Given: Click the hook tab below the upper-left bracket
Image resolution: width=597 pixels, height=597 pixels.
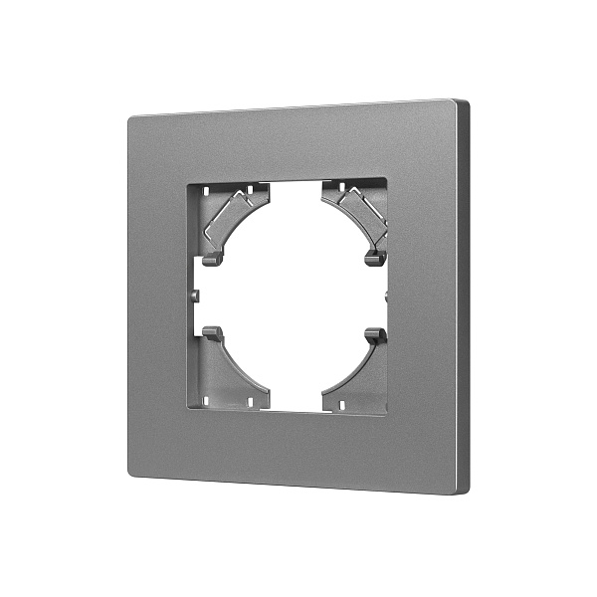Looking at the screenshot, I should click(x=210, y=260).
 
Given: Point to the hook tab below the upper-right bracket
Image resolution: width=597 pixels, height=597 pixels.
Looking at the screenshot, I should click(x=375, y=258).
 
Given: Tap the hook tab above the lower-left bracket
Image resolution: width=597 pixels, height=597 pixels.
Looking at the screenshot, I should click(x=211, y=332).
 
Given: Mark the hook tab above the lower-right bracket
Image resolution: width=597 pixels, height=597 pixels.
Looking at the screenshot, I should click(x=375, y=335).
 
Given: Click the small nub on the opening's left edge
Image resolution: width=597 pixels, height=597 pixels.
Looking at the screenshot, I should click(x=197, y=295).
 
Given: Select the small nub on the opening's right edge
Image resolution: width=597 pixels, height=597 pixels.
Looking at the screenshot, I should click(x=386, y=296).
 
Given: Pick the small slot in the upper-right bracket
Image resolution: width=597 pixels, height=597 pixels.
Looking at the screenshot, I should click(x=341, y=187).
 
